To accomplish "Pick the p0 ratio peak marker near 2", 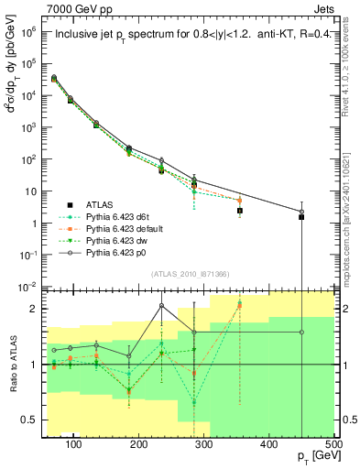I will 161,306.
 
